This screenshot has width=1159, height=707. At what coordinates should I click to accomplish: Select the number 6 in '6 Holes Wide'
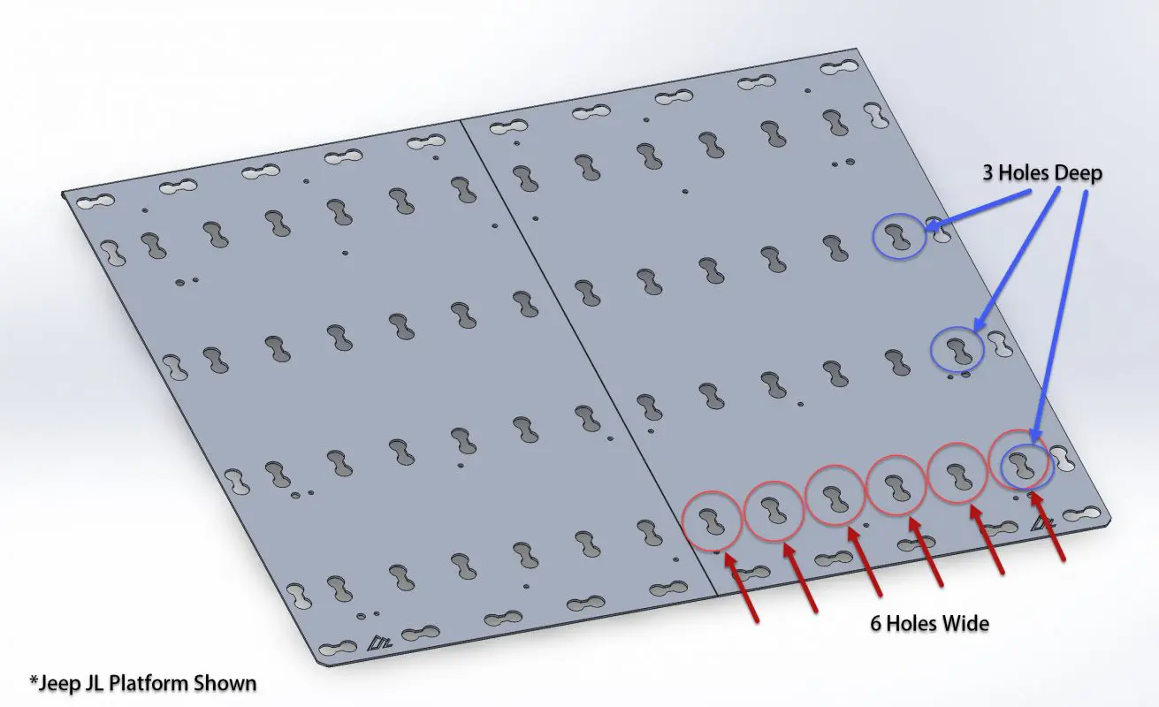point(875,624)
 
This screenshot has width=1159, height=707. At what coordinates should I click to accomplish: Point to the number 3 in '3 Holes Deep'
point(987,173)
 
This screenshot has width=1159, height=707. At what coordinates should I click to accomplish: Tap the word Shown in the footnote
point(225,683)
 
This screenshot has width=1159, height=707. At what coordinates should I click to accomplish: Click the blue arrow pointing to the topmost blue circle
point(977,209)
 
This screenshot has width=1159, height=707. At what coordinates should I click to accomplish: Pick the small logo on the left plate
point(379,642)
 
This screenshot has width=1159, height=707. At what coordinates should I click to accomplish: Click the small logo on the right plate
point(1042,523)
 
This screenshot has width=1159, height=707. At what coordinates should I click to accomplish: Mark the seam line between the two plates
point(588,357)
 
